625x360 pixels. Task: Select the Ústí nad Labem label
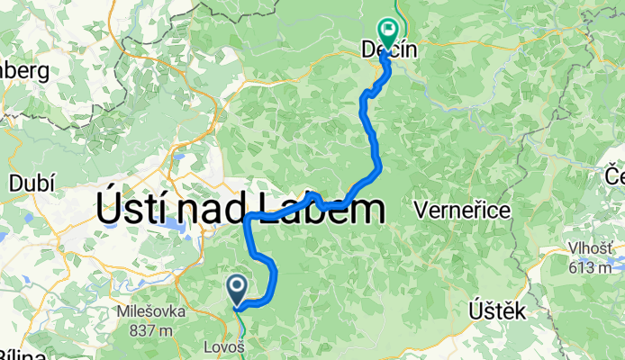point(240,210)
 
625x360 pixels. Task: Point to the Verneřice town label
point(463,211)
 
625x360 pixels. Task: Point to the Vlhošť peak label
point(591,250)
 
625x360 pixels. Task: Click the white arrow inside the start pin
point(238,287)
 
